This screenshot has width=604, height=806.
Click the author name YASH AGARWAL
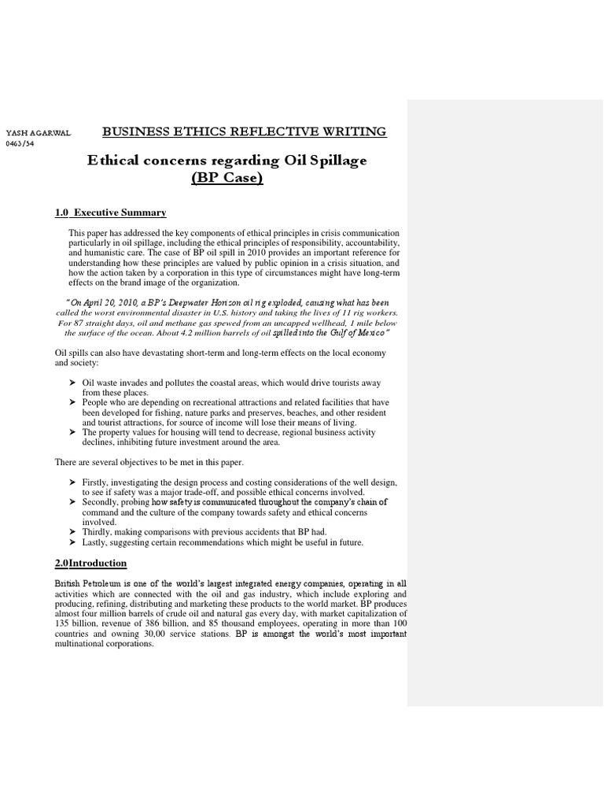pyautogui.click(x=38, y=133)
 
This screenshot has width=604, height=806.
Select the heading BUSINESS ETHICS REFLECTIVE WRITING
pyautogui.click(x=245, y=131)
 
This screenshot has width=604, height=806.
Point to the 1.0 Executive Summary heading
pyautogui.click(x=110, y=213)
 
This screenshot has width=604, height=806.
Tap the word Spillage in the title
pyautogui.click(x=334, y=161)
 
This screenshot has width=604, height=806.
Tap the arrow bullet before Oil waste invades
pyautogui.click(x=72, y=383)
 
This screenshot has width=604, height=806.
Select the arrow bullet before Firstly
pyautogui.click(x=72, y=482)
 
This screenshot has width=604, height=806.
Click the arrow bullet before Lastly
pyautogui.click(x=72, y=543)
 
